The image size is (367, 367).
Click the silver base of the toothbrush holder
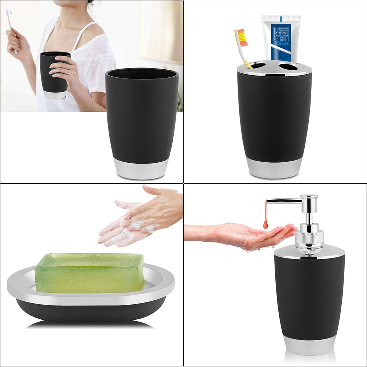pos(274,168)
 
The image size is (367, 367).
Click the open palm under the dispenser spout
pos(257,235)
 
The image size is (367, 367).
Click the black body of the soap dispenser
pos(310,293)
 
